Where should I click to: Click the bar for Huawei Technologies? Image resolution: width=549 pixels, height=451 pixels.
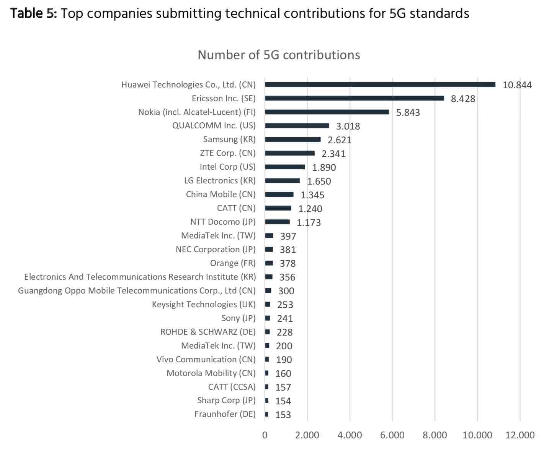coord(380,84)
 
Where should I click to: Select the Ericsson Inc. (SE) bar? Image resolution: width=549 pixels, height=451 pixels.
coord(354,98)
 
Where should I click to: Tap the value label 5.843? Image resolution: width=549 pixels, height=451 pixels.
coord(408,112)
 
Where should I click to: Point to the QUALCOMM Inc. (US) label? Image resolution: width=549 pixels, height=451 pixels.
coord(214,126)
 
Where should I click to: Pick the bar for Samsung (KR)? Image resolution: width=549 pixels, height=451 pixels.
coord(292,140)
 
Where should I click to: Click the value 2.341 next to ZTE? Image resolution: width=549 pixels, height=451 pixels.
coord(333,154)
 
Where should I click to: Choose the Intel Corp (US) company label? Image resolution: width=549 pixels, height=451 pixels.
coord(227,167)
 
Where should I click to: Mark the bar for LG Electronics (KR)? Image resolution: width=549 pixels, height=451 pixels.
coord(282,181)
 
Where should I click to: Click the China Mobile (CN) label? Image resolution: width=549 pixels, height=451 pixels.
coord(221,195)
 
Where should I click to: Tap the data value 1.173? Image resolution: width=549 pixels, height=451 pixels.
coord(309,222)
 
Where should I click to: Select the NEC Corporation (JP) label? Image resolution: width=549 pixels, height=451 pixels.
coord(216,250)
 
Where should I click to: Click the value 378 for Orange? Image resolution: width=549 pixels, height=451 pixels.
coord(288,264)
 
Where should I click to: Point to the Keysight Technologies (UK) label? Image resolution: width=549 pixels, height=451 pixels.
coord(204,305)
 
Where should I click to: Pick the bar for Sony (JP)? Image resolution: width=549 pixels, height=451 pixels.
coord(268,318)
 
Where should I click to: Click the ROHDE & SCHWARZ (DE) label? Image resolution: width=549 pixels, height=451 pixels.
coord(208,332)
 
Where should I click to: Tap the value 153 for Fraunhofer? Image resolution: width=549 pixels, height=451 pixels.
coord(283,415)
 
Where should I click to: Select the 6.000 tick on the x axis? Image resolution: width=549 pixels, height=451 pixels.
coord(392,435)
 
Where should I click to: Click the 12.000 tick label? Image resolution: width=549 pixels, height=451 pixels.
coord(520,435)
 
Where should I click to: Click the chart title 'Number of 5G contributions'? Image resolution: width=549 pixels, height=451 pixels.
coord(279,55)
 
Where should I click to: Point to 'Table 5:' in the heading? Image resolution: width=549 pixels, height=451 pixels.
coord(34,14)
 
